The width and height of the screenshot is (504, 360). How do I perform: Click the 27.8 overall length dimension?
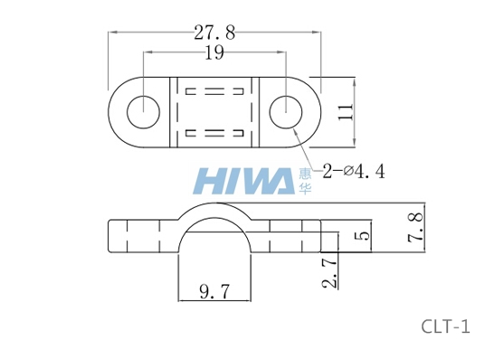214,33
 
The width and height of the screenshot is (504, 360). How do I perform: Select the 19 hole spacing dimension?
214,52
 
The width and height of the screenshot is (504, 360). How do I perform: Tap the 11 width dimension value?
346,112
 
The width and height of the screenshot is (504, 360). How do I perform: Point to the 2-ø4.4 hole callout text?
354,171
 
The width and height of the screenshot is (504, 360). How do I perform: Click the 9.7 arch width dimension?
214,291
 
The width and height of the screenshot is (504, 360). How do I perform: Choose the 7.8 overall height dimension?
415,227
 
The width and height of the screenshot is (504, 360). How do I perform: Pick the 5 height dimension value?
363,235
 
